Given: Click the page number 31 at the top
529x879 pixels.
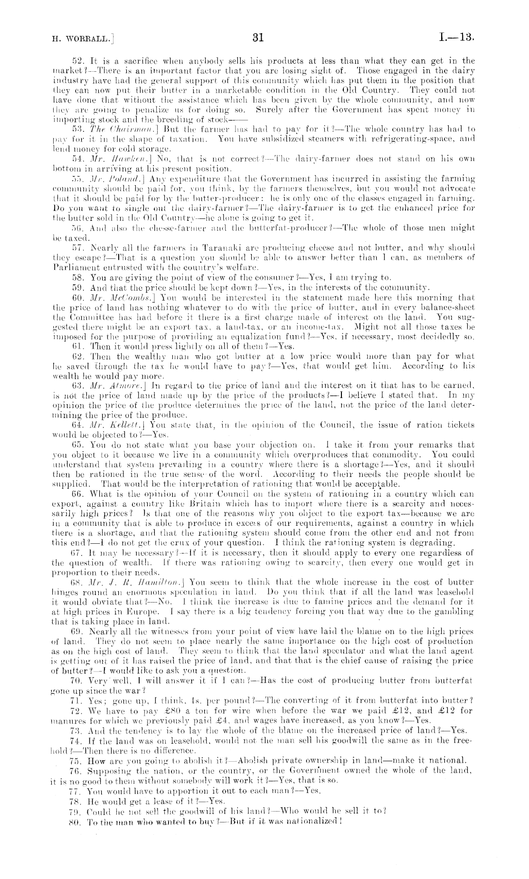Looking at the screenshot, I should (258, 38).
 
